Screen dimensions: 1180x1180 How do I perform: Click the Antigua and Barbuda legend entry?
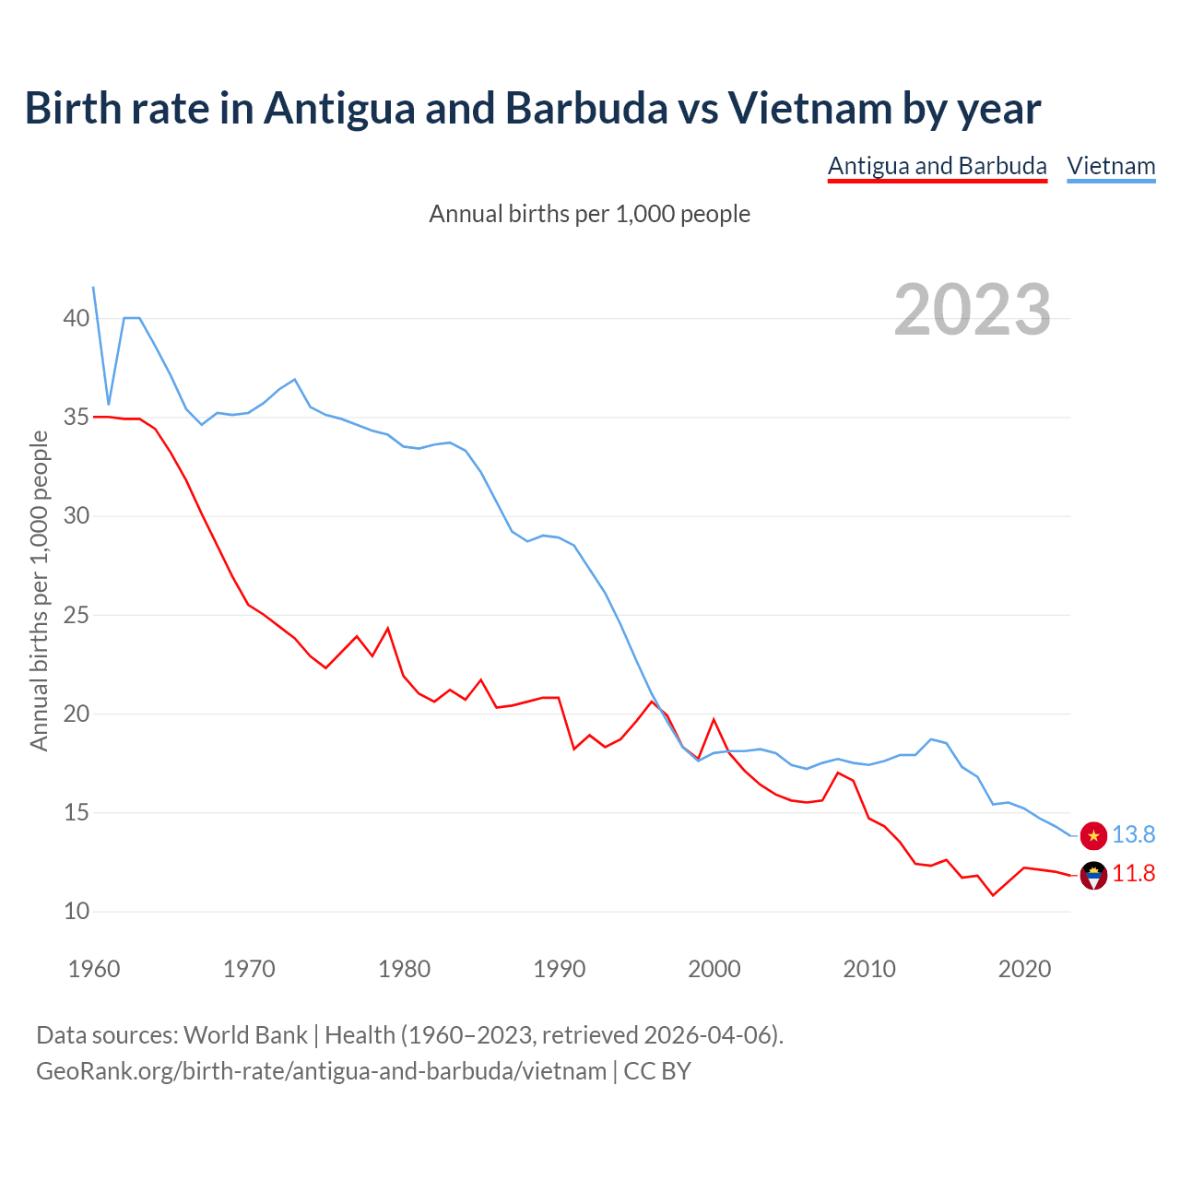tap(937, 166)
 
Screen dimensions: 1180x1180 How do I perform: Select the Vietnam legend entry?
tap(1111, 166)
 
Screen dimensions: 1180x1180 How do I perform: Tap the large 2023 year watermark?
tap(973, 309)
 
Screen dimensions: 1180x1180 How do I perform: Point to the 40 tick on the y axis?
tap(77, 318)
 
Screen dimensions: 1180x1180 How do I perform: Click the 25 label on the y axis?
tap(77, 615)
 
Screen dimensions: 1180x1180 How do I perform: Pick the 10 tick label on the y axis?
tap(77, 911)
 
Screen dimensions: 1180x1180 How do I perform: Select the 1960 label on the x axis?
tap(94, 969)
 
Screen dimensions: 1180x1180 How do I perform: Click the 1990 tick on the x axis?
tap(560, 969)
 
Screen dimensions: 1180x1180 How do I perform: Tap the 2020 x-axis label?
tap(1024, 969)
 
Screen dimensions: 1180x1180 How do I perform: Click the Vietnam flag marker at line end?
tap(1093, 835)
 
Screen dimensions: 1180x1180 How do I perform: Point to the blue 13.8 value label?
tap(1133, 834)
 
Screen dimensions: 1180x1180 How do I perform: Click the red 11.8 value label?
tap(1133, 873)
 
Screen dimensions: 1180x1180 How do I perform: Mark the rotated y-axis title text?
tap(39, 590)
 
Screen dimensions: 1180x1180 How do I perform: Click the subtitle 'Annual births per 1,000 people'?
tap(590, 214)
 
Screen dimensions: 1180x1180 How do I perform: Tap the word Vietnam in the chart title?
tap(808, 108)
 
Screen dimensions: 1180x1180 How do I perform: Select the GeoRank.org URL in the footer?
tap(321, 1070)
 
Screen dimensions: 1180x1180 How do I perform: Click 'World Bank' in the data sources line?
tap(245, 1034)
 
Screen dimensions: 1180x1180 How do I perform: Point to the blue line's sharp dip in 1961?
tap(109, 404)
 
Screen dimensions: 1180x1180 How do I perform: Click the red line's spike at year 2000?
tap(714, 720)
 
